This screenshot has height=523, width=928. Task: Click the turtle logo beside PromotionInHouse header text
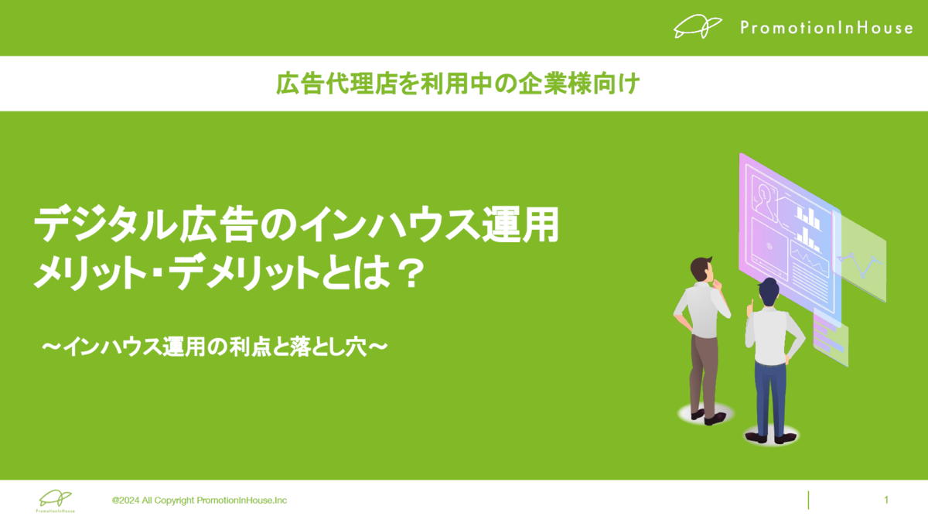698,26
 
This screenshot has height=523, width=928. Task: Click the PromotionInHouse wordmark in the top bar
827,28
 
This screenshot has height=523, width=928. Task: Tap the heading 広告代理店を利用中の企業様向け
458,84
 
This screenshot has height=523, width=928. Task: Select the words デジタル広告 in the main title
143,224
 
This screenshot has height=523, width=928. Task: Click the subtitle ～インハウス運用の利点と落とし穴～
215,347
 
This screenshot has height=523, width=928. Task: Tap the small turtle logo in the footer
56,501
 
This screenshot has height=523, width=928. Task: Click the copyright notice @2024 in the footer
200,501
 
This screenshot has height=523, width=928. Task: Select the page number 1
886,500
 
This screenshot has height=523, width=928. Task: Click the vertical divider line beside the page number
808,500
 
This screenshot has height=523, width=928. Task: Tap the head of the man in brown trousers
702,269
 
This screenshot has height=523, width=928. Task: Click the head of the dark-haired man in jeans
769,292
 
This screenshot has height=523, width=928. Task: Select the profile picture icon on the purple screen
764,200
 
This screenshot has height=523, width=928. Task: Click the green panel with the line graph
860,256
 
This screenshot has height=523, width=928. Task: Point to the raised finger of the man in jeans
751,306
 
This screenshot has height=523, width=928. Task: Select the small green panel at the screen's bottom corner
831,338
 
